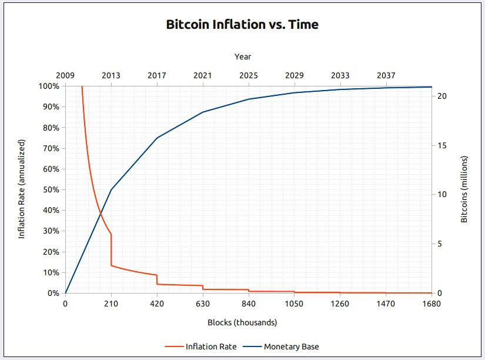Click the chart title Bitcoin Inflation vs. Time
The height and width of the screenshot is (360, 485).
click(242, 25)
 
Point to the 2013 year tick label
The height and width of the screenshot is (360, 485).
click(111, 76)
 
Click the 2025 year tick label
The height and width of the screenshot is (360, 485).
click(249, 76)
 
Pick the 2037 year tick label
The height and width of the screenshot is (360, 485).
click(386, 76)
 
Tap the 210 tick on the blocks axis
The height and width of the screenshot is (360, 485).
click(111, 304)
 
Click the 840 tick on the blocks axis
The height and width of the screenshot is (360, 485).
click(249, 304)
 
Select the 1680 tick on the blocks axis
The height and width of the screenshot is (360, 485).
click(432, 304)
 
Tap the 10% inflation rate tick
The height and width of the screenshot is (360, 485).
click(51, 273)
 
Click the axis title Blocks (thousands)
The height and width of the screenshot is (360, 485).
click(242, 322)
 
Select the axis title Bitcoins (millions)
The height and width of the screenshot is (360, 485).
click(464, 189)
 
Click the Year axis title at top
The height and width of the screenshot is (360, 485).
click(243, 56)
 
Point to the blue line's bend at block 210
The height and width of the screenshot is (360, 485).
click(111, 189)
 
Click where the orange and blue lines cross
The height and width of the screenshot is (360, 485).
click(101, 211)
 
